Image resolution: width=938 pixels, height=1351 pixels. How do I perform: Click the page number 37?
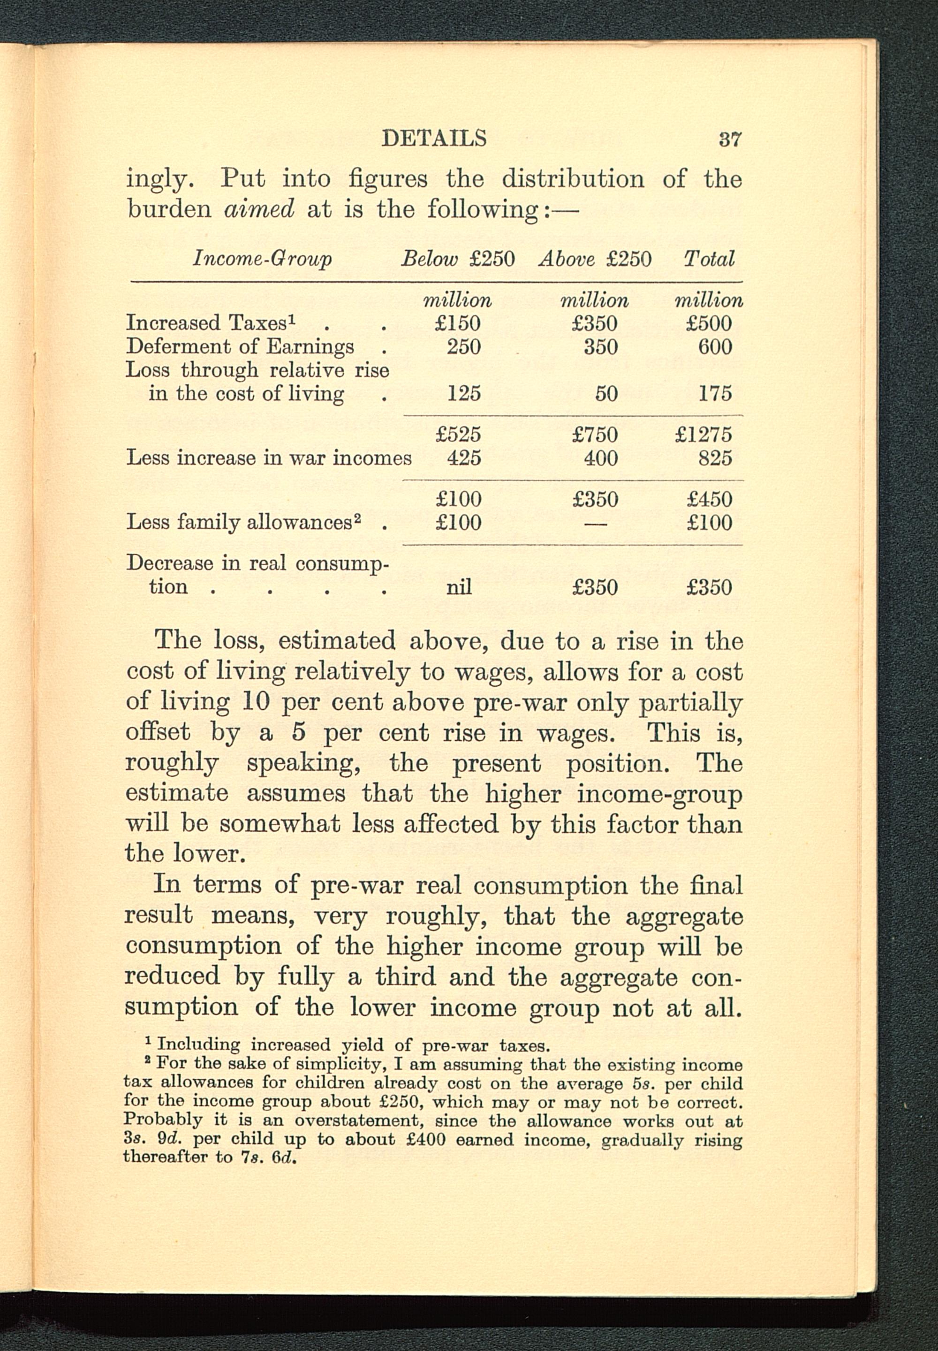730,139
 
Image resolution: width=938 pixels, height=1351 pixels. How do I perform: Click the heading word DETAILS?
434,138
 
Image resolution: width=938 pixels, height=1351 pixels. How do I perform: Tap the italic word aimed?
259,209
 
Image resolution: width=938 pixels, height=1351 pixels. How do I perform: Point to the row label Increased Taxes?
211,323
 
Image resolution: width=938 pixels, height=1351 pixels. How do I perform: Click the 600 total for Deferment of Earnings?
715,347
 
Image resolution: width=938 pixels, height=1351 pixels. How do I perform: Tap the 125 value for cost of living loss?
464,393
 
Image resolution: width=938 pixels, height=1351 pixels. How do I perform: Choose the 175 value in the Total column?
715,393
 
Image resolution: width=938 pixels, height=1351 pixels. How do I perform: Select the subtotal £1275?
703,435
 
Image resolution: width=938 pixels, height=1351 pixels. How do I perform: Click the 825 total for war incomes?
715,458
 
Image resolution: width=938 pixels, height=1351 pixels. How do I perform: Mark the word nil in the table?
459,587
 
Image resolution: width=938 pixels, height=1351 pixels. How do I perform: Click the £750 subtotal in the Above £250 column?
595,435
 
